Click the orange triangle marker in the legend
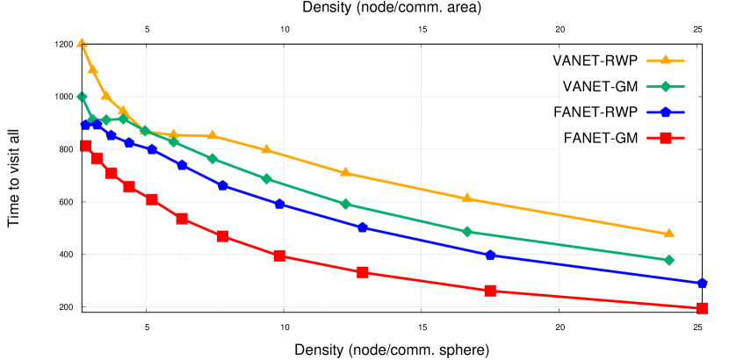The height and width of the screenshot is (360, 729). point(665,60)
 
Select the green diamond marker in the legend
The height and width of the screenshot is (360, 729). point(665,86)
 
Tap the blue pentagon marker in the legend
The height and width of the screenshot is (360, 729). point(665,112)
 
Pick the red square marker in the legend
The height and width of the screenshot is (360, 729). point(665,137)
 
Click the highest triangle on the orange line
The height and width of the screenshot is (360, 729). point(82,42)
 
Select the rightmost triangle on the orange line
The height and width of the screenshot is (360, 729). point(668,234)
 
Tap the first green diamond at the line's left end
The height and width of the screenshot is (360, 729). point(82,97)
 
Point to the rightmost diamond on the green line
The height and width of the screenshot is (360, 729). point(668,260)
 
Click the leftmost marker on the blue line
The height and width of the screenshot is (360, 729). point(86,125)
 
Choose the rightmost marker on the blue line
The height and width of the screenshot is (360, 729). point(702,284)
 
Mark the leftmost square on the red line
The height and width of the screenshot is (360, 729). point(86,146)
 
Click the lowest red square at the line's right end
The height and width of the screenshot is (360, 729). point(702,308)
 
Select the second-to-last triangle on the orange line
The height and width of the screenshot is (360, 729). point(466,198)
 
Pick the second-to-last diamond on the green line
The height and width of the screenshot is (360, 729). point(466,232)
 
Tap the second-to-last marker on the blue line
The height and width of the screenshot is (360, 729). point(490,255)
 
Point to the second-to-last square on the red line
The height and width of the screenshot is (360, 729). point(490,290)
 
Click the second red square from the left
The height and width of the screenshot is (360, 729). point(97,159)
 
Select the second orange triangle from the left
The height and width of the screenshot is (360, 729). point(92,68)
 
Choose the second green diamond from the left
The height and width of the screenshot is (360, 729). point(92,119)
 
